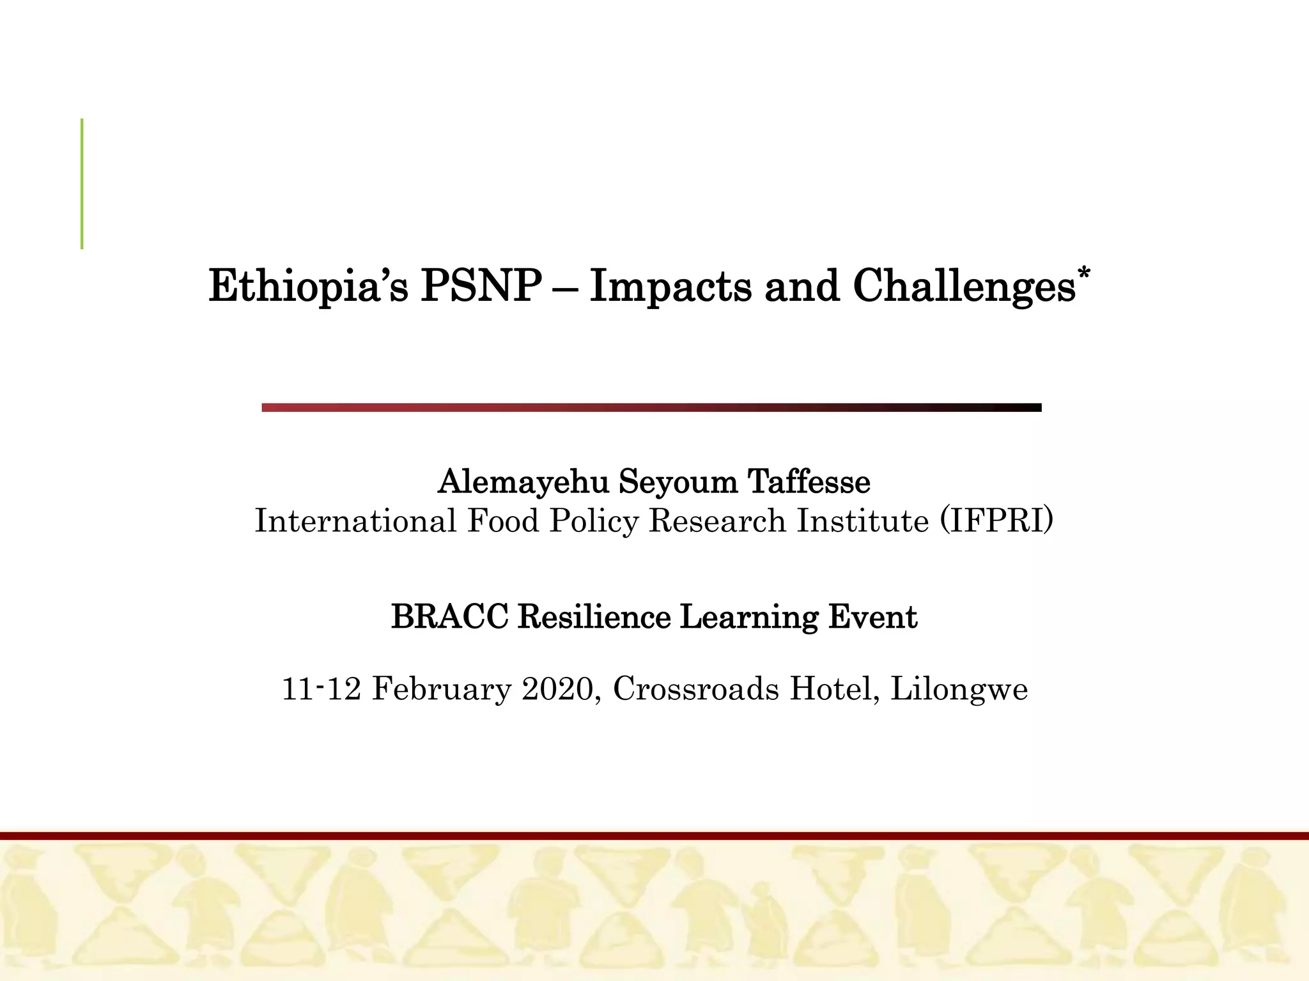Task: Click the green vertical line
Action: pos(82,183)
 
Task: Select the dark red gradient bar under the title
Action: pos(651,407)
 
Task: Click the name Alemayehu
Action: pos(523,482)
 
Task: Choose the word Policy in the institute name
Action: pos(594,521)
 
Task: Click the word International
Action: pos(355,521)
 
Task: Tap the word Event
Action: pos(872,617)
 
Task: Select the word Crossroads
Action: pos(696,689)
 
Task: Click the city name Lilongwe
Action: pos(959,689)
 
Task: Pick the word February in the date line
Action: pos(442,689)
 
